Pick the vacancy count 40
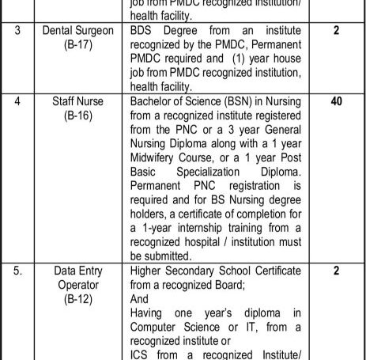[336, 103]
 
